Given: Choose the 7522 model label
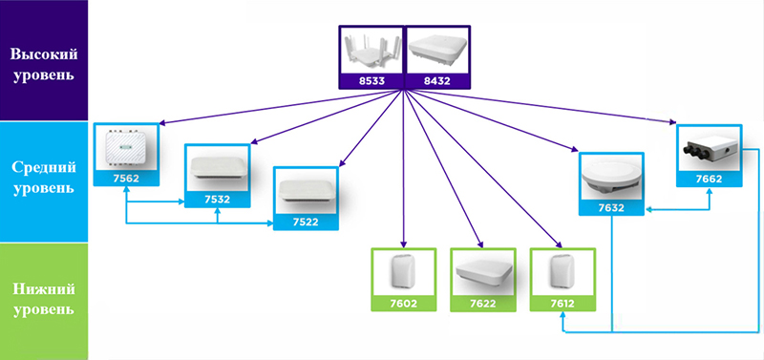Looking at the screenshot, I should click(x=307, y=221).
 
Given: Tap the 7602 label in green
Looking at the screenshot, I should click(x=402, y=303).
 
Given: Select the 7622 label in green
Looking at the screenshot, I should click(x=482, y=303).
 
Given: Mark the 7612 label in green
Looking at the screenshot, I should click(x=562, y=303).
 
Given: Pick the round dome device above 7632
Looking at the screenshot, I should click(x=612, y=174).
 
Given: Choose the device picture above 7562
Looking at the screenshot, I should click(x=126, y=146).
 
